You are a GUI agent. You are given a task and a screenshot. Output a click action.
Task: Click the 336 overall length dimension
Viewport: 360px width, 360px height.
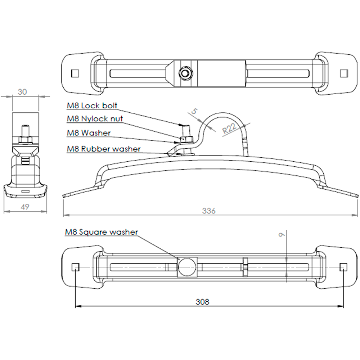[x=208, y=211]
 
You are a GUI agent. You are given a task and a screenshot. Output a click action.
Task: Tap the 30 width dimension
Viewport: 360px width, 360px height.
[x=22, y=92]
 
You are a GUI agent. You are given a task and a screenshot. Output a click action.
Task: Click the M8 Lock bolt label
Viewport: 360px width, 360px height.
[x=92, y=106]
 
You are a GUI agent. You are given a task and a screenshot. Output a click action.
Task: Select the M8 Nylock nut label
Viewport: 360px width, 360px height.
[x=95, y=118]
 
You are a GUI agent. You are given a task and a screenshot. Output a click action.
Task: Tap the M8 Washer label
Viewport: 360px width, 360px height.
[x=89, y=133]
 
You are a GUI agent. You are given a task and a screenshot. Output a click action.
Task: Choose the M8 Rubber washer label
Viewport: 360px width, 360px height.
[x=104, y=148]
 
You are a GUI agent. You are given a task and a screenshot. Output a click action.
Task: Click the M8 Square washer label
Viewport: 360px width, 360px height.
[x=101, y=232]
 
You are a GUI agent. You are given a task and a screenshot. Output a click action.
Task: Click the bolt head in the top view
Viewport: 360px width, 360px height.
[x=186, y=73]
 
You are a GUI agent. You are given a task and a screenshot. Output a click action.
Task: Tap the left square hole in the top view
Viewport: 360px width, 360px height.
[x=75, y=73]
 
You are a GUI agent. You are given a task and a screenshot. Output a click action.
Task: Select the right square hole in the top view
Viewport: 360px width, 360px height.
[x=344, y=73]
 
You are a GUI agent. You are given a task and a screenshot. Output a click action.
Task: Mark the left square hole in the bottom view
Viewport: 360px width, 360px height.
[x=75, y=267]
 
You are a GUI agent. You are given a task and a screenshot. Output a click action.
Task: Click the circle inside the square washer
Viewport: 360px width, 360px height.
[x=187, y=267]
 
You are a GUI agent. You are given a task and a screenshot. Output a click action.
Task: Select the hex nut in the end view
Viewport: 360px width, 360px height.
[x=25, y=139]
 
